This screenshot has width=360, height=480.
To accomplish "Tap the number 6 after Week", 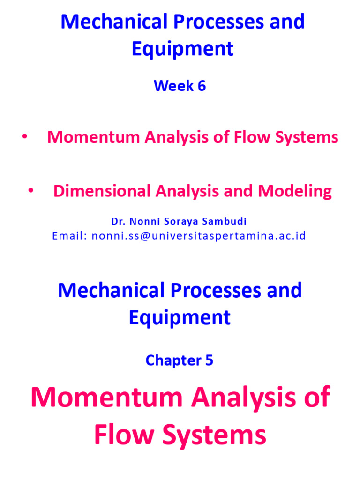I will point(201,86).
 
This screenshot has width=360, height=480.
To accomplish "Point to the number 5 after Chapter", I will point(209,360).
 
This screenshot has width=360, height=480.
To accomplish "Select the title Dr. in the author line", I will point(116,221).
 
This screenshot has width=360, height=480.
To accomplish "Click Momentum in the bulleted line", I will point(94,137).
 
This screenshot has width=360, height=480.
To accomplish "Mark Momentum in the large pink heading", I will point(106,397).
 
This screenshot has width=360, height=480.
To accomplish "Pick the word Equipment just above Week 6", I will point(182,49).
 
